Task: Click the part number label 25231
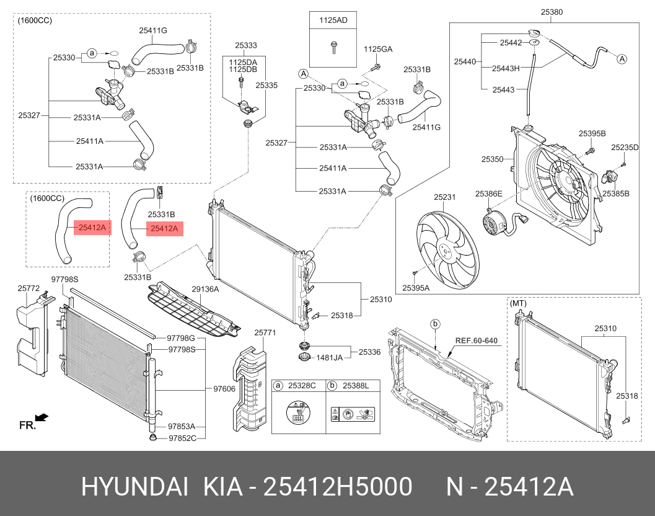click(x=444, y=197)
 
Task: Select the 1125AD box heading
click(x=333, y=20)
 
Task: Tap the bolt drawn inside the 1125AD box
click(x=333, y=46)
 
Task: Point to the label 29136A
click(x=205, y=289)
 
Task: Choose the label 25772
click(x=29, y=288)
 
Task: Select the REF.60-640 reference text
click(x=477, y=340)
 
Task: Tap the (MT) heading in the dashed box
click(x=518, y=303)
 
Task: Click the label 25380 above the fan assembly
click(x=552, y=12)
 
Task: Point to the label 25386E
click(x=489, y=194)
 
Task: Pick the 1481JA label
click(x=330, y=357)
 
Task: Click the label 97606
click(x=224, y=389)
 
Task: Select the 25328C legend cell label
click(x=304, y=386)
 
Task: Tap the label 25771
click(x=265, y=332)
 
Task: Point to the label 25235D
click(x=625, y=147)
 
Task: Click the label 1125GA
click(x=377, y=49)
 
